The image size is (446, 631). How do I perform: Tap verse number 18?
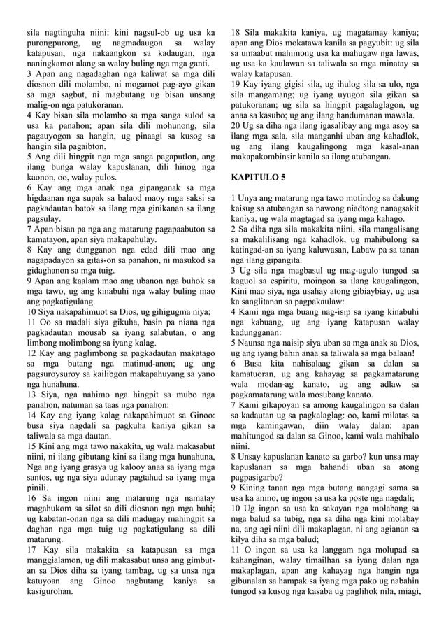tap(237, 32)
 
